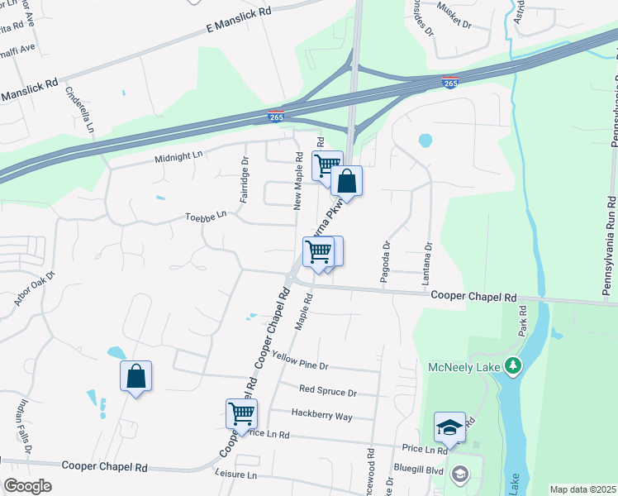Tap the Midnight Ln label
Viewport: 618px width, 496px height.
pyautogui.click(x=178, y=155)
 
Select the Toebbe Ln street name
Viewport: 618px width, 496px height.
pyautogui.click(x=206, y=217)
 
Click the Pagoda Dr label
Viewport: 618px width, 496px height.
pyautogui.click(x=385, y=263)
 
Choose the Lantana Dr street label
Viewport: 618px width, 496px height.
pyautogui.click(x=429, y=264)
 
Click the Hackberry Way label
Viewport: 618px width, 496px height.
pyautogui.click(x=321, y=413)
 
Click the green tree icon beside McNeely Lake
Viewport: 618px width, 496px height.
pyautogui.click(x=513, y=365)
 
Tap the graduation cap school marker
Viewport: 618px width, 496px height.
pyautogui.click(x=449, y=427)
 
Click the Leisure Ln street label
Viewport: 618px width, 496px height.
pyautogui.click(x=235, y=475)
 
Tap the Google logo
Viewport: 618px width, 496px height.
pyautogui.click(x=27, y=486)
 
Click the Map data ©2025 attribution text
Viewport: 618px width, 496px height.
pyautogui.click(x=582, y=489)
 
